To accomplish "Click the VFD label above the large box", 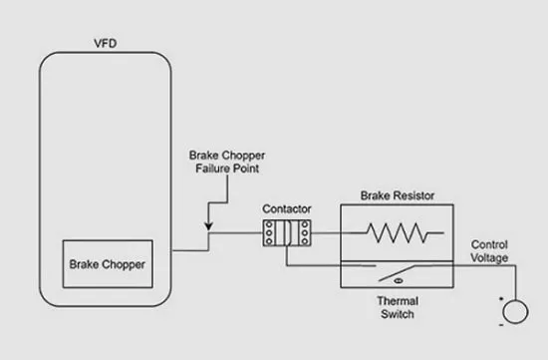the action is [106, 44].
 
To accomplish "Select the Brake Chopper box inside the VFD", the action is [108, 264].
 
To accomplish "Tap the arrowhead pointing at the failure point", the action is [208, 226].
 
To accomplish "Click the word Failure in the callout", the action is [213, 169].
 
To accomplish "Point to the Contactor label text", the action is [287, 208].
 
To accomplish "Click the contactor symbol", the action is [287, 233].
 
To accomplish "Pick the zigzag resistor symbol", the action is [397, 232].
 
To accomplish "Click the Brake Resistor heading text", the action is [398, 195].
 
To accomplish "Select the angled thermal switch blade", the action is [397, 273].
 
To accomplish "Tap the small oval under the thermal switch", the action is [399, 281].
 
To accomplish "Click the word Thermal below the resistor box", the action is [398, 301].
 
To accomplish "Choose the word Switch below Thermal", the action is [398, 314].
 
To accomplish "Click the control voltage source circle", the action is [515, 312].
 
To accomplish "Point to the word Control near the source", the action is [489, 244].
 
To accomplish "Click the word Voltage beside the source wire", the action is [489, 258].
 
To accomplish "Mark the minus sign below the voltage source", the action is [501, 325].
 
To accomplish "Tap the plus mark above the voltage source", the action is [501, 299].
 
